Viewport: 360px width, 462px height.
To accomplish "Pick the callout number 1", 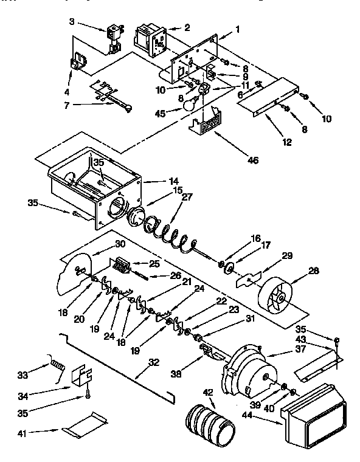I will pos(238,29).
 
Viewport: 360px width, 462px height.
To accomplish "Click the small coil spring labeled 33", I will pos(56,367).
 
